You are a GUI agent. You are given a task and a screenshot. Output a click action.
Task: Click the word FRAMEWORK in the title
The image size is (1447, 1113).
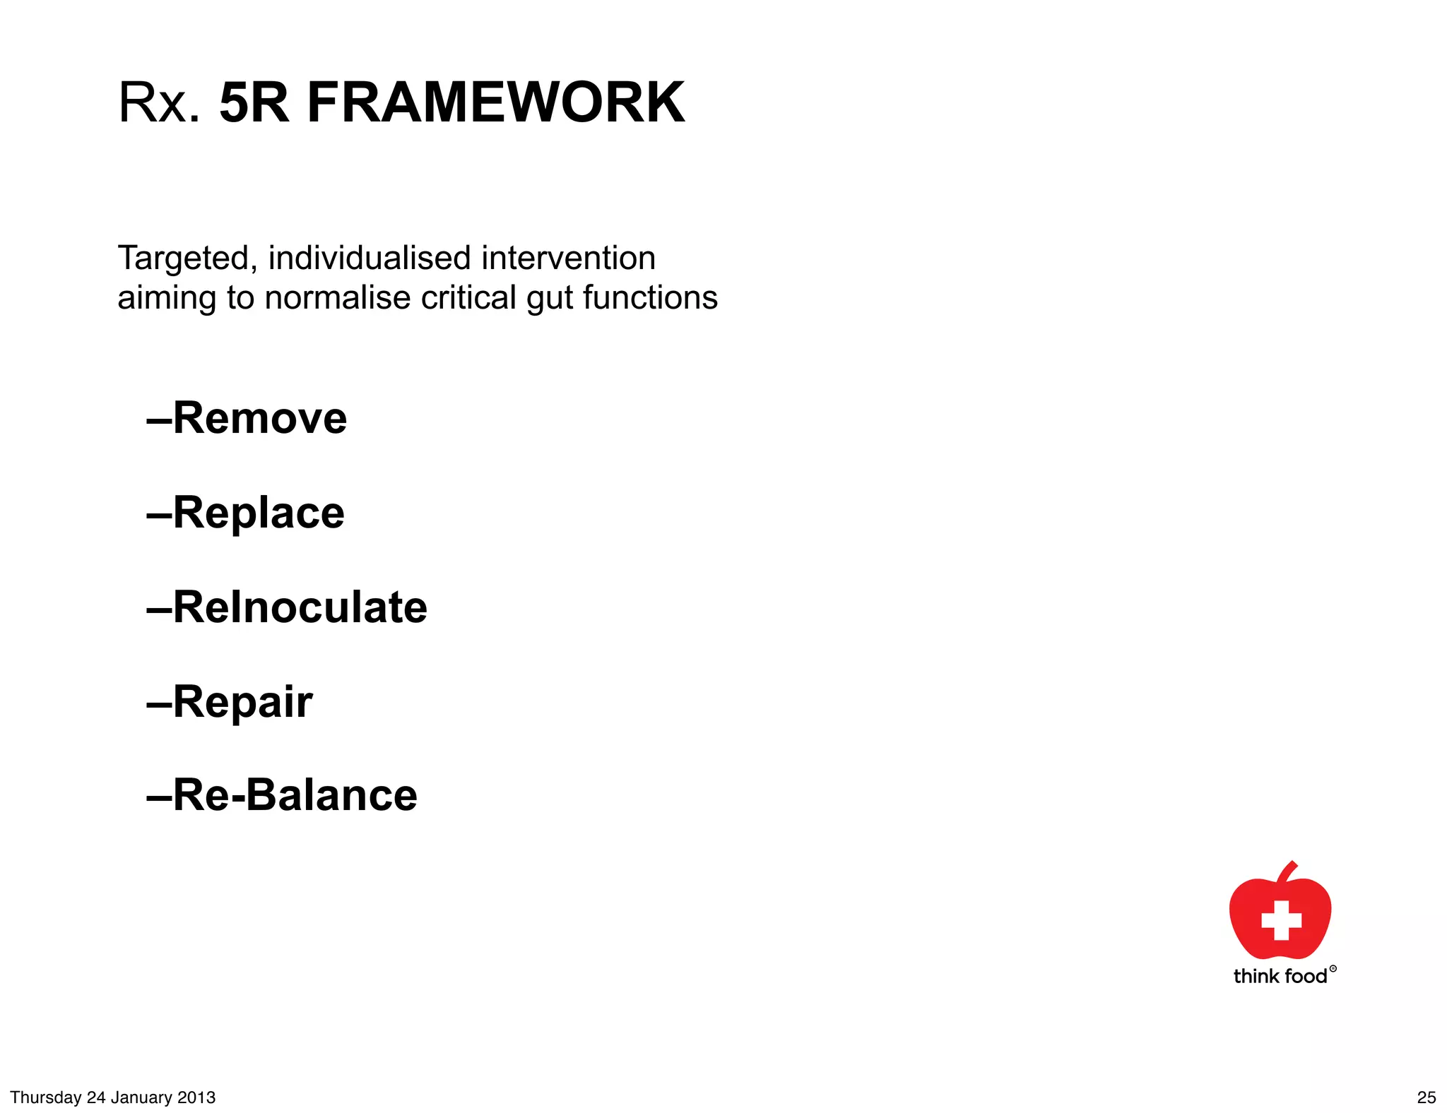click(x=495, y=103)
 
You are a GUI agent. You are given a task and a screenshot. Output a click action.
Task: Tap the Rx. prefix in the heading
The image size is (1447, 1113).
click(x=160, y=103)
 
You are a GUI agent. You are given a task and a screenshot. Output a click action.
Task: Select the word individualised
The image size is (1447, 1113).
click(x=370, y=258)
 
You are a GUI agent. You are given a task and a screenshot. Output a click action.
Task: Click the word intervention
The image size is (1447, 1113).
click(x=569, y=258)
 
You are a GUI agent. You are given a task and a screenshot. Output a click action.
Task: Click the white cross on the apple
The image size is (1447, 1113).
click(x=1281, y=920)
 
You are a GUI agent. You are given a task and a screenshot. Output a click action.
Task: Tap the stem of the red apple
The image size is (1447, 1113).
click(x=1289, y=871)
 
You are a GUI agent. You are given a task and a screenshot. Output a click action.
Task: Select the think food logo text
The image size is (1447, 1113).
click(x=1280, y=977)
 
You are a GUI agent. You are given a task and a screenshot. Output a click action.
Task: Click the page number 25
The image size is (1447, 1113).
click(x=1427, y=1097)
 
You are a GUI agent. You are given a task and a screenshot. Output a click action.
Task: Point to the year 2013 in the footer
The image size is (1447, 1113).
click(x=196, y=1097)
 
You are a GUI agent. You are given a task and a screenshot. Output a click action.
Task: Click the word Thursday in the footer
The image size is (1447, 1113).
click(x=46, y=1097)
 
